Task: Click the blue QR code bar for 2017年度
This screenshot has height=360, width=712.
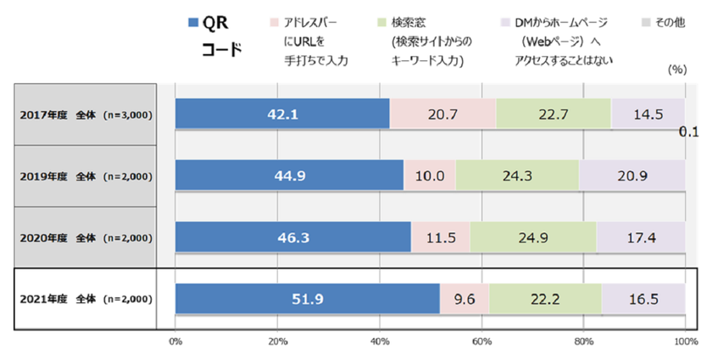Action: (x=281, y=114)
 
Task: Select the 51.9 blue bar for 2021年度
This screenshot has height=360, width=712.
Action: (x=307, y=299)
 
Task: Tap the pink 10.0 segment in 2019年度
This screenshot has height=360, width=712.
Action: (x=430, y=175)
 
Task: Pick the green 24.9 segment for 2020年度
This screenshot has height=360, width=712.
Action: (x=532, y=237)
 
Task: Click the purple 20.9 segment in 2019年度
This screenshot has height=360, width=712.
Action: (x=631, y=175)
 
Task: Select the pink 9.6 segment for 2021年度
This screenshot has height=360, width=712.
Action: (x=464, y=299)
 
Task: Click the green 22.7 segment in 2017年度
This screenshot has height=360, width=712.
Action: (x=553, y=114)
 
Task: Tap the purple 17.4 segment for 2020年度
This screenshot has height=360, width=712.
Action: (x=640, y=237)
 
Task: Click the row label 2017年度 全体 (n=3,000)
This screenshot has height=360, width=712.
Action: (x=86, y=114)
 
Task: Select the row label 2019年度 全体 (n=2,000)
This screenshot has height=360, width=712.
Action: (x=86, y=176)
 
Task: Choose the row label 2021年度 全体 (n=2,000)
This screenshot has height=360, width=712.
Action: (x=86, y=299)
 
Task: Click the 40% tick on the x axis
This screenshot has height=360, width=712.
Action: (x=379, y=341)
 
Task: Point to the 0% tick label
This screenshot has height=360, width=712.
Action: (x=175, y=341)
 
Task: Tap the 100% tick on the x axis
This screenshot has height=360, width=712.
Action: (x=683, y=341)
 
